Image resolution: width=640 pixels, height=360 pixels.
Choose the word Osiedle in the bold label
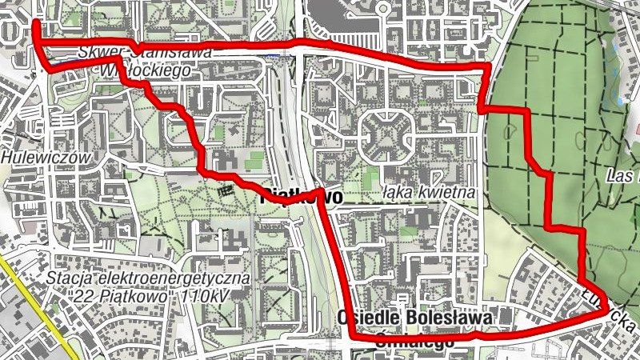(375, 318)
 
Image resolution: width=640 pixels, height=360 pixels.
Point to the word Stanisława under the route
(172, 52)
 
